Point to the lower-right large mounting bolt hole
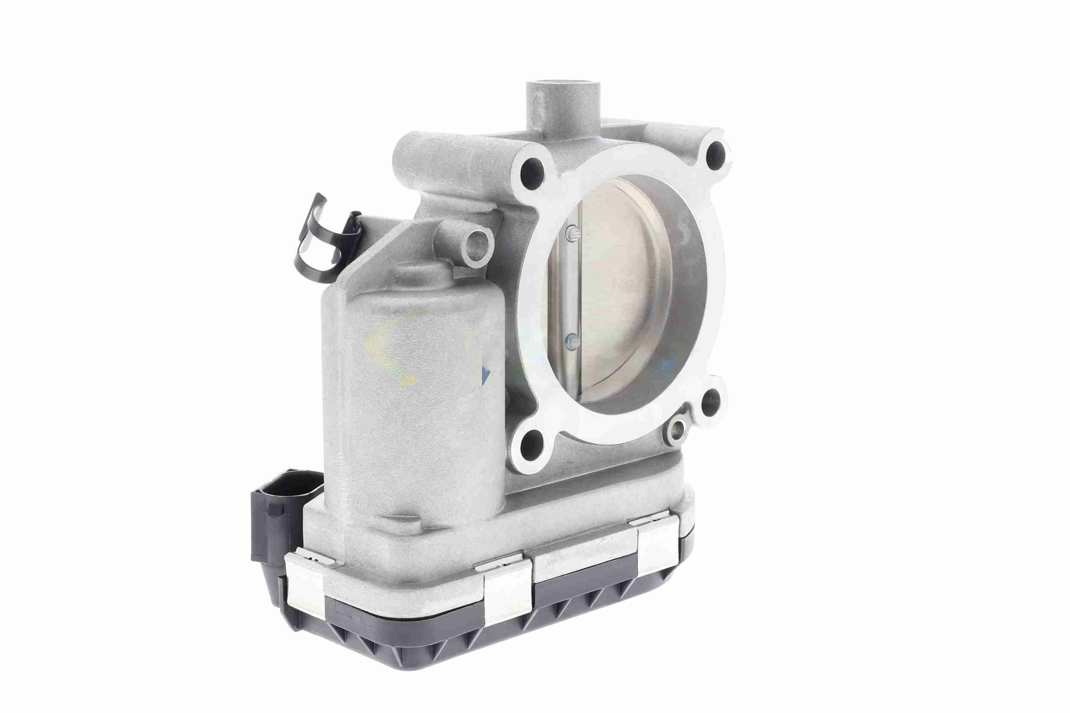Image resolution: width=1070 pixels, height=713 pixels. point(710,401)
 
